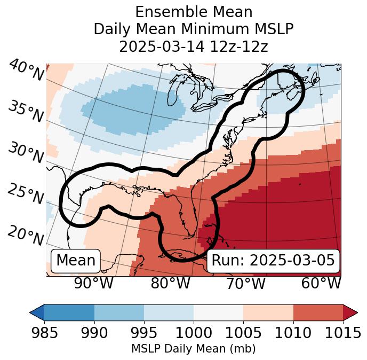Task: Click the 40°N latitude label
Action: (26, 71)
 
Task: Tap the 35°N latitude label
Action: (26, 111)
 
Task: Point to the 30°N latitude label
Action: (26, 153)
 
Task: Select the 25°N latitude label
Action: (26, 194)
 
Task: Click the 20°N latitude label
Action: (26, 234)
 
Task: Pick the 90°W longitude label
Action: (93, 283)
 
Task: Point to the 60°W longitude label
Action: (321, 283)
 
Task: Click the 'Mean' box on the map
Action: (76, 261)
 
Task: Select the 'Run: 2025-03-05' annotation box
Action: (273, 261)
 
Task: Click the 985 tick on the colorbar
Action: (44, 333)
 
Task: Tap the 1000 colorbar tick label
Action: (193, 333)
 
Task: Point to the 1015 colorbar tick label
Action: (342, 333)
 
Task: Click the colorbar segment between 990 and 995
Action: (119, 312)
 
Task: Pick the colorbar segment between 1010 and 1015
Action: (317, 312)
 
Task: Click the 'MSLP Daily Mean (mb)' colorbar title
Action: (193, 349)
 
